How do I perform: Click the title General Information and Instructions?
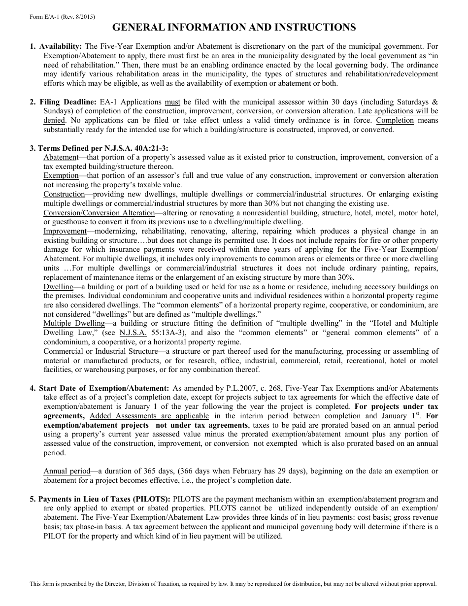pyautogui.click(x=234, y=27)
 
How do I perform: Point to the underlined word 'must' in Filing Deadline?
pyautogui.click(x=172, y=102)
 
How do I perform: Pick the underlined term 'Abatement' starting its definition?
pyautogui.click(x=61, y=157)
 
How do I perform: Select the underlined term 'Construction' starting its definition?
pyautogui.click(x=64, y=194)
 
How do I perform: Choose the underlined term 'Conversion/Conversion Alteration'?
pyautogui.click(x=99, y=213)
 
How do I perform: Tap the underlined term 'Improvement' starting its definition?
pyautogui.click(x=65, y=231)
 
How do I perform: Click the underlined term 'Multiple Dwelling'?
pyautogui.click(x=74, y=323)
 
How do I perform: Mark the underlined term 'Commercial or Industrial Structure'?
pyautogui.click(x=100, y=351)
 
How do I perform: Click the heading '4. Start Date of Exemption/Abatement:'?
pyautogui.click(x=99, y=388)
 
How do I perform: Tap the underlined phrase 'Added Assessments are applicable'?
pyautogui.click(x=149, y=416)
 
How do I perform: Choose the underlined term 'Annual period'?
pyautogui.click(x=67, y=471)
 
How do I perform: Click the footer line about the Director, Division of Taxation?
pyautogui.click(x=233, y=584)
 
